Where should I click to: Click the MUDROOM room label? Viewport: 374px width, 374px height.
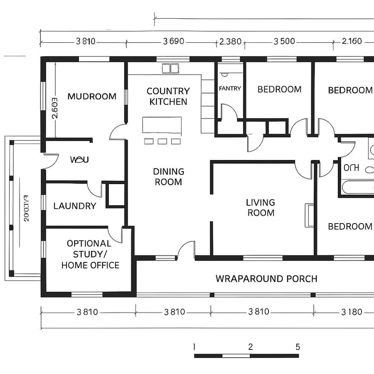(92, 96)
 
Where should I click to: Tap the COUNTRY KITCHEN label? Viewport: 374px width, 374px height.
(168, 96)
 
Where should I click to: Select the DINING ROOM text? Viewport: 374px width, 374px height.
(168, 177)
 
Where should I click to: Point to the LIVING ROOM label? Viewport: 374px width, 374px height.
(261, 207)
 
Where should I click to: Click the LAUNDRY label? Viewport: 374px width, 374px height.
(75, 206)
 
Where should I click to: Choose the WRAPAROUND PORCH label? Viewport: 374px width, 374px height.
(266, 278)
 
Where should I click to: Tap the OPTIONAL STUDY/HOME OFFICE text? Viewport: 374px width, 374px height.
(90, 254)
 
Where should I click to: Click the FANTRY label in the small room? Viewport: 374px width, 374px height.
(230, 89)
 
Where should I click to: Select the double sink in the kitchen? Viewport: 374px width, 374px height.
(170, 68)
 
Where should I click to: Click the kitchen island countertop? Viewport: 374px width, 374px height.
(162, 125)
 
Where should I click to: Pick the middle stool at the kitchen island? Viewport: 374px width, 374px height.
(162, 141)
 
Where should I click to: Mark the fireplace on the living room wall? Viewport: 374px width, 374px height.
(310, 215)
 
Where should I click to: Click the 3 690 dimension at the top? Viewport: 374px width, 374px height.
(174, 42)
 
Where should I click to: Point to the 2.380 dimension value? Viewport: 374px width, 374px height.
(230, 42)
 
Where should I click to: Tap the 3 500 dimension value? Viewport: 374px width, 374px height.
(284, 42)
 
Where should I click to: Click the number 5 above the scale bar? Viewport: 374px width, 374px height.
(298, 347)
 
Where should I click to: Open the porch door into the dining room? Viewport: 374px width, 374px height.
(186, 251)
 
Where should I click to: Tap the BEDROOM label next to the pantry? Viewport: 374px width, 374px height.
(279, 89)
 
